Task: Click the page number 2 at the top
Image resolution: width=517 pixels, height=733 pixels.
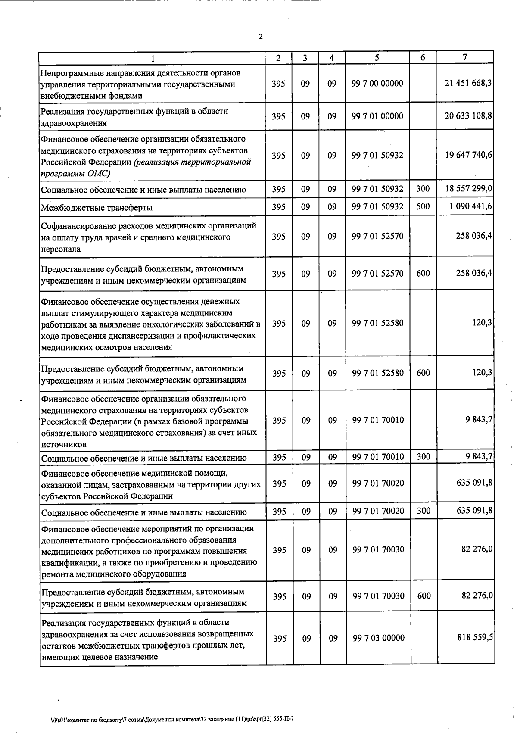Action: pyautogui.click(x=260, y=37)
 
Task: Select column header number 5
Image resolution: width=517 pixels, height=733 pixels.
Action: pyautogui.click(x=377, y=58)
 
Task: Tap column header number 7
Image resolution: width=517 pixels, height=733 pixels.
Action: pyautogui.click(x=465, y=57)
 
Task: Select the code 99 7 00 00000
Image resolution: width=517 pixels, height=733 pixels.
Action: pyautogui.click(x=377, y=83)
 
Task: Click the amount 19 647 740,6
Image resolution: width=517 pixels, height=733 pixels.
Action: pyautogui.click(x=469, y=155)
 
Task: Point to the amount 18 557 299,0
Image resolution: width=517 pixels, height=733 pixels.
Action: pyautogui.click(x=469, y=189)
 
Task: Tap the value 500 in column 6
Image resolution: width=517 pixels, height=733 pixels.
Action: pyautogui.click(x=423, y=206)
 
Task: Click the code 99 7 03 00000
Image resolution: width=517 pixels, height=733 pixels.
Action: pyautogui.click(x=378, y=638)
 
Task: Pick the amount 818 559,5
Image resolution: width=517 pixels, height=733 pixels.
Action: pyautogui.click(x=475, y=637)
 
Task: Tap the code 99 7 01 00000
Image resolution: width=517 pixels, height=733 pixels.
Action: pyautogui.click(x=377, y=116)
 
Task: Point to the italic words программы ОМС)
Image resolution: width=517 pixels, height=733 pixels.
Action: pyautogui.click(x=75, y=174)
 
